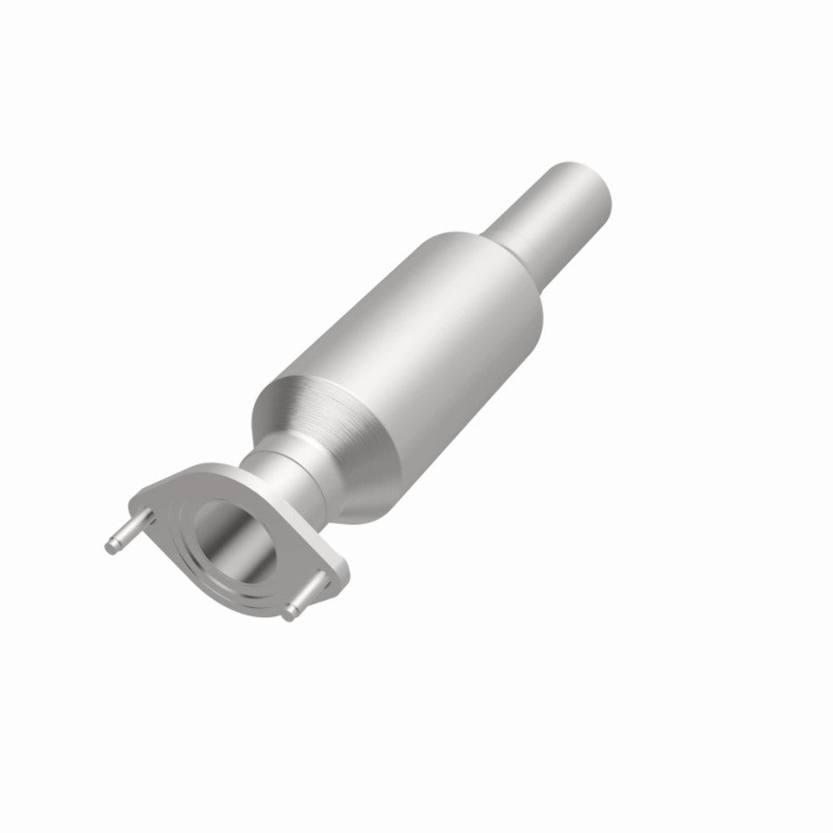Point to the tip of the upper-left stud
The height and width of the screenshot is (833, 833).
112,545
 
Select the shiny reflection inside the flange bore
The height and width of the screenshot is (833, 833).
250,550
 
